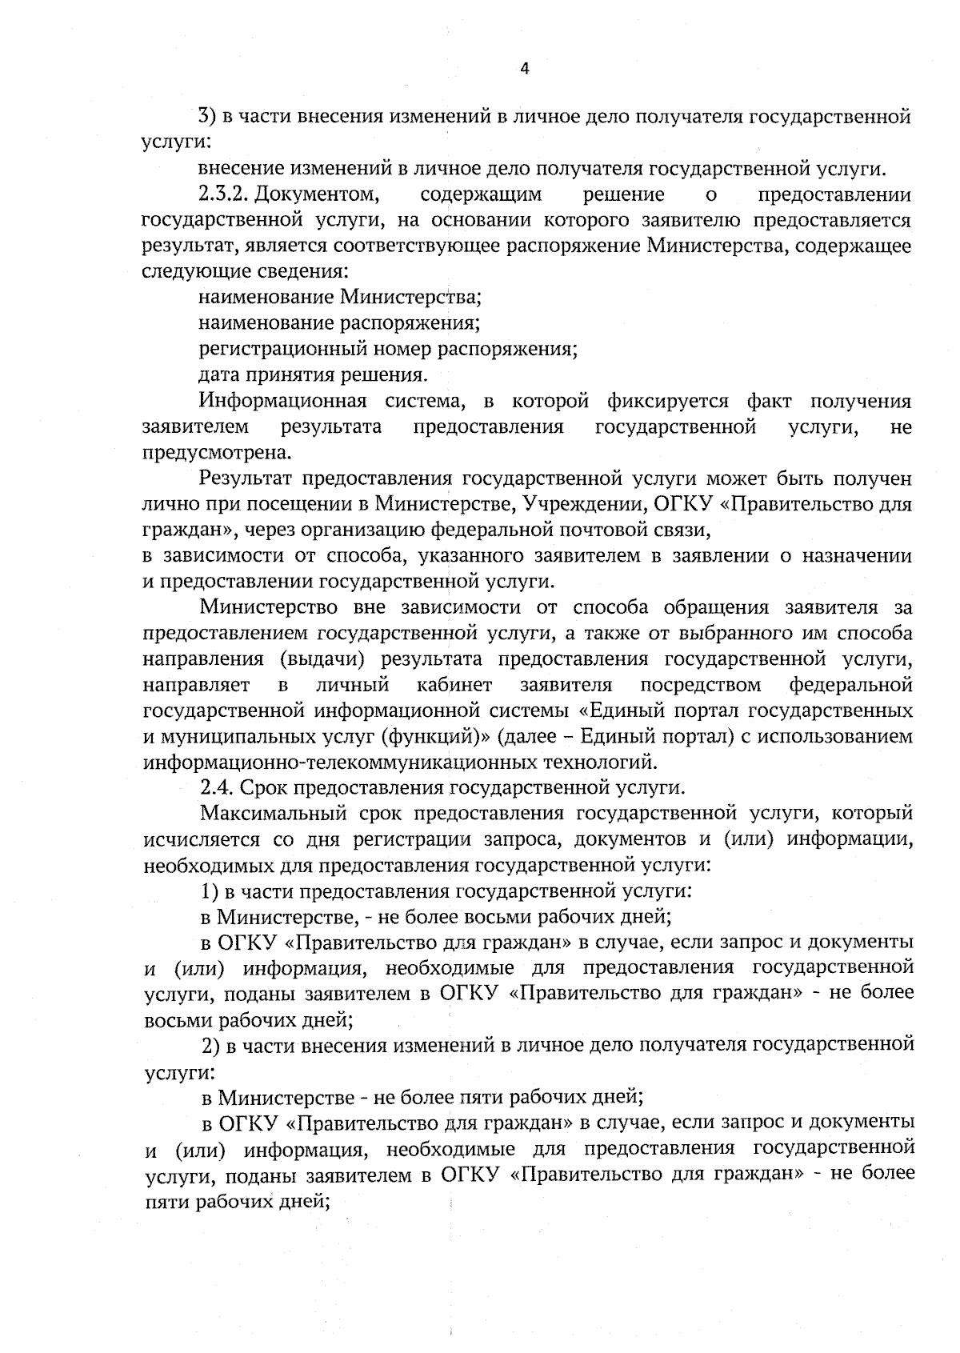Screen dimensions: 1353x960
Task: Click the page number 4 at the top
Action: coord(525,69)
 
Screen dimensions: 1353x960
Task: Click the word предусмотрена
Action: coord(214,453)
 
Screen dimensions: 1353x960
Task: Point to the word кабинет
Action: coord(454,685)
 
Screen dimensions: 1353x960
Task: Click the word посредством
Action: coord(701,685)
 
